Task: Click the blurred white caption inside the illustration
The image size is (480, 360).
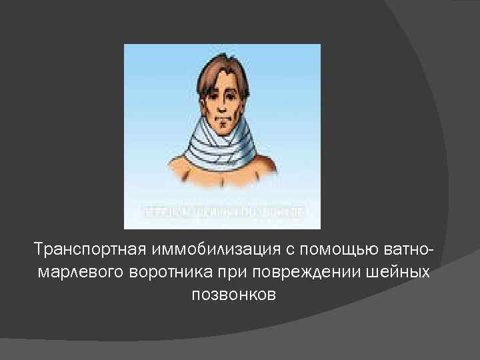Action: pyautogui.click(x=223, y=212)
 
